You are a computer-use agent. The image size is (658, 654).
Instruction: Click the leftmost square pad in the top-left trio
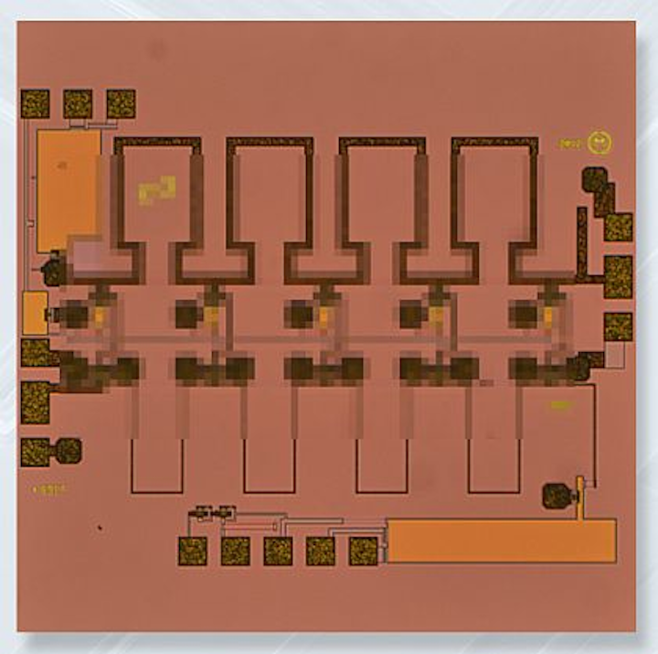point(35,103)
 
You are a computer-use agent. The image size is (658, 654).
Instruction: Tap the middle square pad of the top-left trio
point(78,103)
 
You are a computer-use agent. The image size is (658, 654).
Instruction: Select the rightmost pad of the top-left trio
point(121,103)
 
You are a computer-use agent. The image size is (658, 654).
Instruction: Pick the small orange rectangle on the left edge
point(35,313)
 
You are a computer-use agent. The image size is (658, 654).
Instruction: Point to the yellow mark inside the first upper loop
point(156,189)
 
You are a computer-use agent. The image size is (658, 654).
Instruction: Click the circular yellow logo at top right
point(600,143)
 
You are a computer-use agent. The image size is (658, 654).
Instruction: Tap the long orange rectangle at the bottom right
point(500,540)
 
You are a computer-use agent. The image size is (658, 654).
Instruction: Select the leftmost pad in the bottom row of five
point(193,551)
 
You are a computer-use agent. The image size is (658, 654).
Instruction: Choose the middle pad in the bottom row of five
point(278,551)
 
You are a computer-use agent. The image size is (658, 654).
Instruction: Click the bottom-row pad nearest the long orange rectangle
point(363,551)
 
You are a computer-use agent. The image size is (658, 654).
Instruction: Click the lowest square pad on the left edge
point(35,451)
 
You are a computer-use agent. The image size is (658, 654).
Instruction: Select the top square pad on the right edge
point(618,227)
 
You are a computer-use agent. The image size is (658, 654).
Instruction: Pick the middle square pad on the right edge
point(618,276)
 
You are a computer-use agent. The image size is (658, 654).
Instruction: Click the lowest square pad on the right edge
point(618,327)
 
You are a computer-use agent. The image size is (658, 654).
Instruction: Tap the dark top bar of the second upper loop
point(270,143)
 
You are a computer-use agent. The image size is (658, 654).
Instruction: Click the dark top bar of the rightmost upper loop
point(494,143)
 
